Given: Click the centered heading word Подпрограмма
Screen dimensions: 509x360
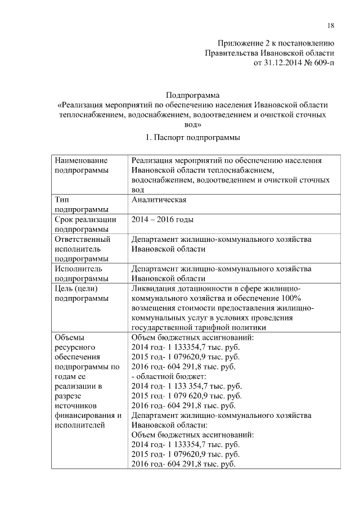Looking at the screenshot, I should point(193,95).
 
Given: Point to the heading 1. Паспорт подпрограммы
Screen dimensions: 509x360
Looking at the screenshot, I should point(193,137).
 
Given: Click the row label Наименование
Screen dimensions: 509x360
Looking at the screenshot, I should point(82,160).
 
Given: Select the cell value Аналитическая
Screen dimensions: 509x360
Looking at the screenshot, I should point(159,200).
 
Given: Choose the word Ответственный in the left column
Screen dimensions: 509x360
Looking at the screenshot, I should point(82,239).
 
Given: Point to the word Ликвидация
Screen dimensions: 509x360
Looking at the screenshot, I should point(154,289).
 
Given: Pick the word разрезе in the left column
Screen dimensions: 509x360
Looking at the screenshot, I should point(69,396).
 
